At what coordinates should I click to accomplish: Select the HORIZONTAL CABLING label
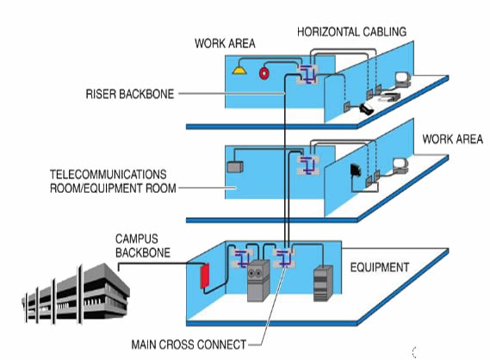tap(351, 33)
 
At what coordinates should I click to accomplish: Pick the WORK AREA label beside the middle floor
tap(452, 140)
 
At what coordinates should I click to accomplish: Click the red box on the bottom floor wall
tap(206, 277)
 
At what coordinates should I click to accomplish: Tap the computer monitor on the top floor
tap(401, 79)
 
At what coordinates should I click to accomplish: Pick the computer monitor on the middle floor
tap(399, 164)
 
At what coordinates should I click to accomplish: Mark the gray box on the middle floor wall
tap(233, 165)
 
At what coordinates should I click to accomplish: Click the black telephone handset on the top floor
tap(367, 109)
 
